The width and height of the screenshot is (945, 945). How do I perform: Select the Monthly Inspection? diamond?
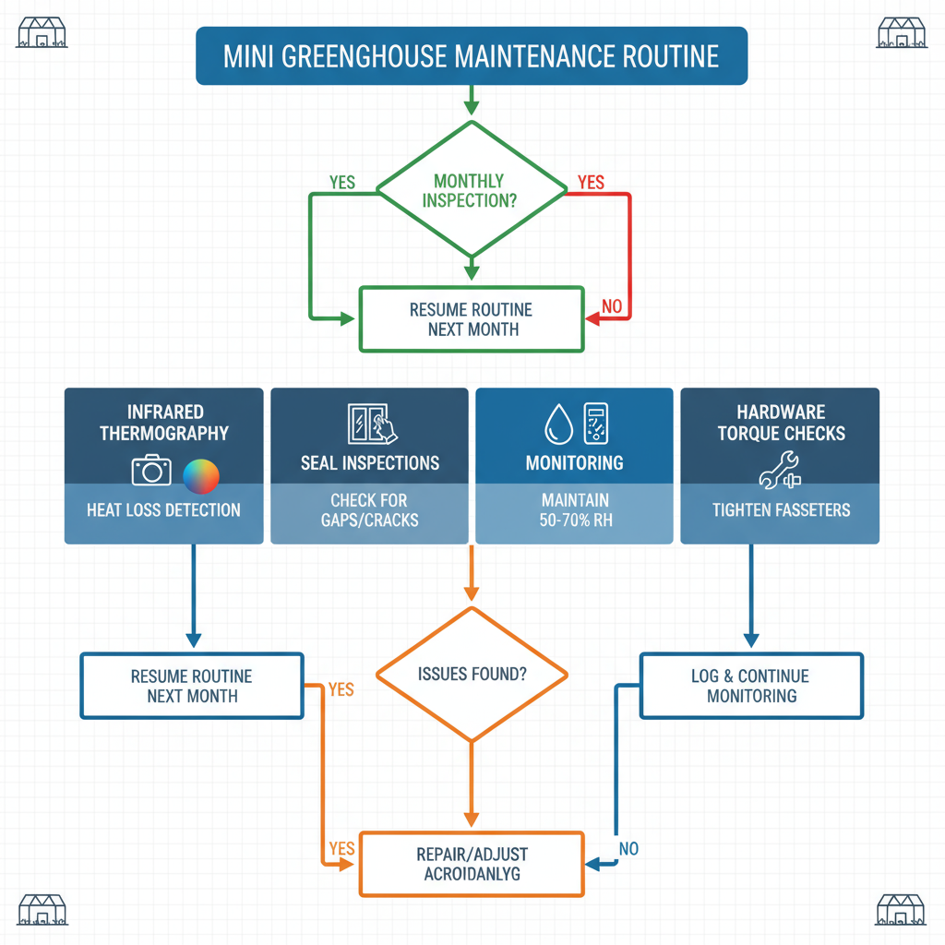tap(472, 191)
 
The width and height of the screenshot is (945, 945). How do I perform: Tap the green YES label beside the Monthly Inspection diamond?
tap(342, 183)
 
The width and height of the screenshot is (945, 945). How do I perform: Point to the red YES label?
tap(591, 183)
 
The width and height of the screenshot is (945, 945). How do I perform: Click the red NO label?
tap(612, 305)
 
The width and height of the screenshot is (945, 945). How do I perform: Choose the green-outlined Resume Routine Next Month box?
tap(472, 318)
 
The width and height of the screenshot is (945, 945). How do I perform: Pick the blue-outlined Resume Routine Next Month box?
tap(192, 686)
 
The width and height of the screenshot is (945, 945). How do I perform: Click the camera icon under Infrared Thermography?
tap(151, 471)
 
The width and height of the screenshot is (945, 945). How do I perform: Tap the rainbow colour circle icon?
tap(201, 476)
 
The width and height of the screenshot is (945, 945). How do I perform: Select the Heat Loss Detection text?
tap(163, 509)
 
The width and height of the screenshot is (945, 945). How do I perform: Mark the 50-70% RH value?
tap(575, 520)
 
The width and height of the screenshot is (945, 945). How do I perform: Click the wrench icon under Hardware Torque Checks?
tap(781, 471)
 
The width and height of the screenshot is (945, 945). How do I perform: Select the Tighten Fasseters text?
tap(781, 509)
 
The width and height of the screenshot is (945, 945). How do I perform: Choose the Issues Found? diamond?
tap(472, 674)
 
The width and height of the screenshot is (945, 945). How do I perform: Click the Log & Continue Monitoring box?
tap(751, 686)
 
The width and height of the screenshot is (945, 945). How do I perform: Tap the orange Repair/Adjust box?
tap(472, 864)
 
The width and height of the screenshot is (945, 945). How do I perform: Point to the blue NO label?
tap(628, 848)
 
